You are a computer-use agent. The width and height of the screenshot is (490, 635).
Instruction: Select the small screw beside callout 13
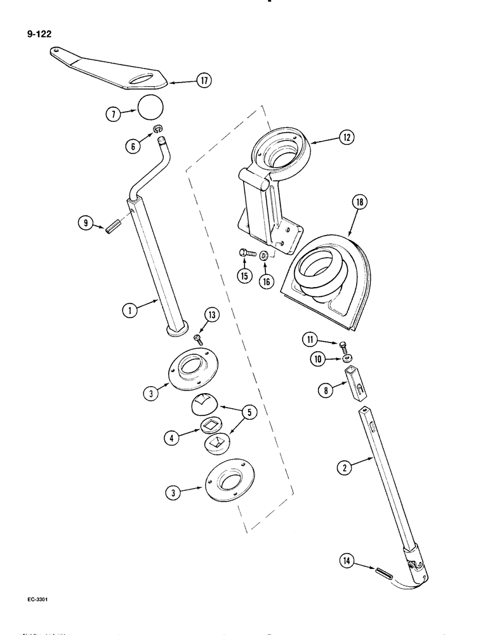point(197,338)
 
